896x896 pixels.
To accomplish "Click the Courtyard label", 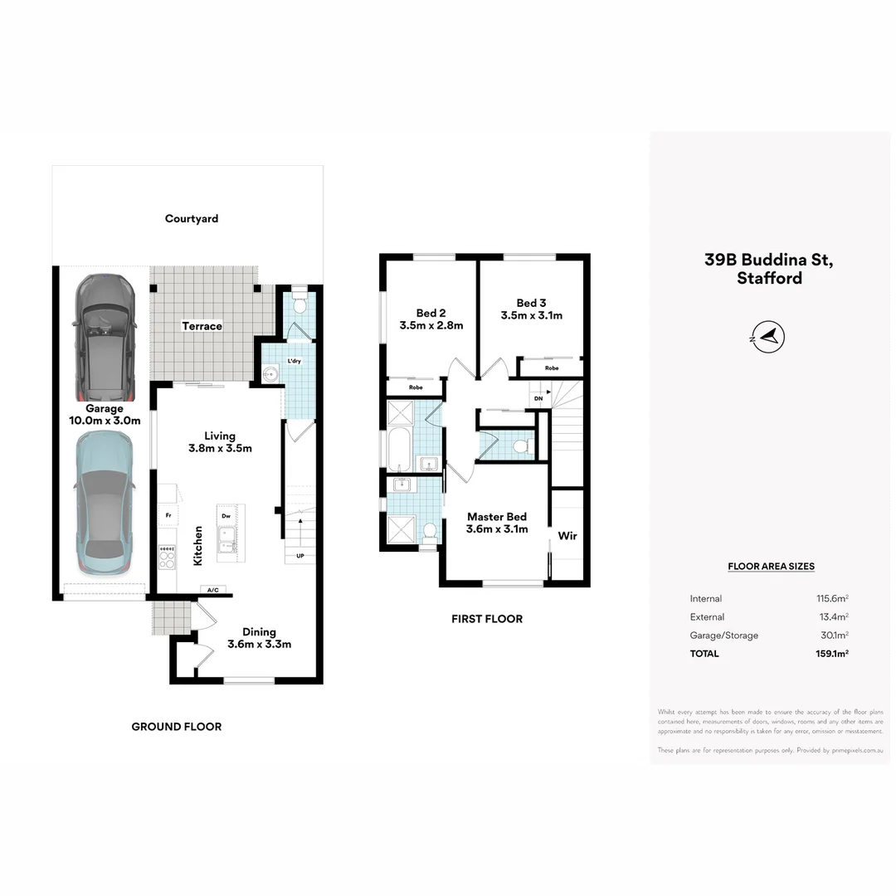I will (192, 219).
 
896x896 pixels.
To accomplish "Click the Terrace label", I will (202, 326).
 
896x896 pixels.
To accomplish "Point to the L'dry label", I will (295, 362).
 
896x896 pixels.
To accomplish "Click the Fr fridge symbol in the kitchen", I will (168, 515).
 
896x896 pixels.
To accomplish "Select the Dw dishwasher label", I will (226, 516).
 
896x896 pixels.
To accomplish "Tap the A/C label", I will (212, 590).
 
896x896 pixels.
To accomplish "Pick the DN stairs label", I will (538, 399).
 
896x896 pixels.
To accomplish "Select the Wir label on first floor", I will (567, 536).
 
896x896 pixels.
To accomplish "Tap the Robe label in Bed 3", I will (552, 368).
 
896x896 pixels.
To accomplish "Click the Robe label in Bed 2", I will (416, 387).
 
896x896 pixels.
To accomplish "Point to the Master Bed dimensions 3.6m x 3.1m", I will (497, 529).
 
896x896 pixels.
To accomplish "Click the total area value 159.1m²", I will (832, 654).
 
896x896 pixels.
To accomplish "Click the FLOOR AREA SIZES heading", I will (771, 567).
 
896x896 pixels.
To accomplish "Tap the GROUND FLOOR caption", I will (177, 727).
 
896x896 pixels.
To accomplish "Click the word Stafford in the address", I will (769, 279).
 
